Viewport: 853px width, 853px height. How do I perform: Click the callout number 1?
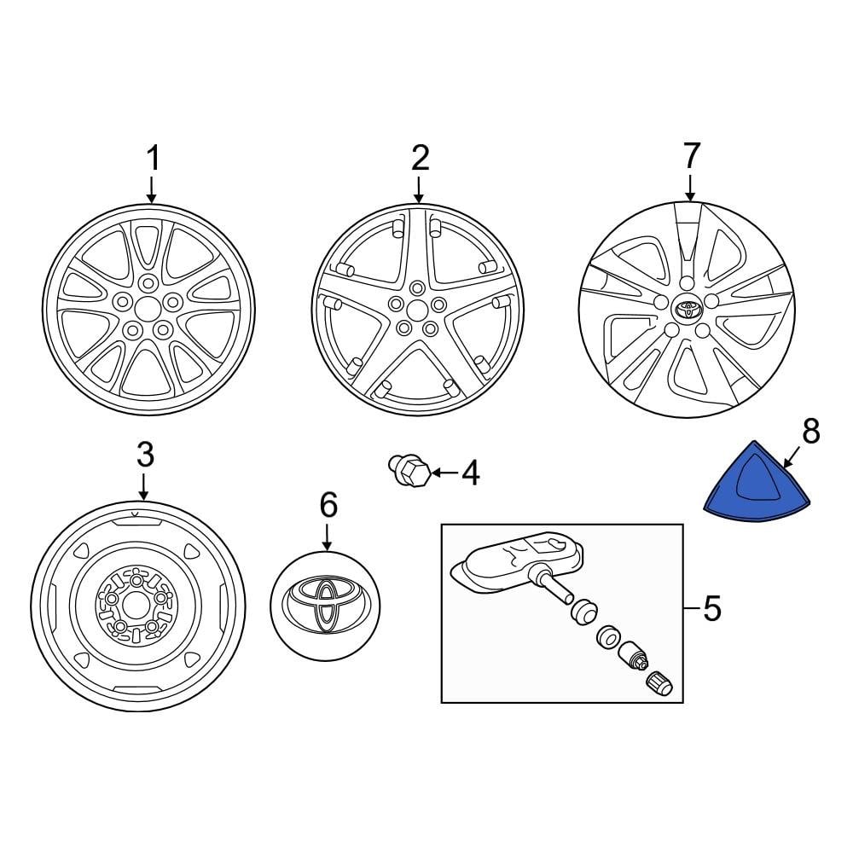[x=154, y=159]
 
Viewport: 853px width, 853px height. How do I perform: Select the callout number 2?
[x=420, y=159]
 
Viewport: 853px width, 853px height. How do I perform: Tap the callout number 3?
[x=145, y=456]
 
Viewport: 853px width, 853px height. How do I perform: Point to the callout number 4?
[x=470, y=472]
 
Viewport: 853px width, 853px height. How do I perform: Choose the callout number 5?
[x=711, y=609]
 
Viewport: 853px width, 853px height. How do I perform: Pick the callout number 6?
[x=328, y=506]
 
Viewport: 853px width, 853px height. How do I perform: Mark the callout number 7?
[x=690, y=156]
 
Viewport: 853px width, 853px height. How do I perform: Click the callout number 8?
[x=809, y=432]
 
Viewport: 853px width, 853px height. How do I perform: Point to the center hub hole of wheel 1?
[x=148, y=306]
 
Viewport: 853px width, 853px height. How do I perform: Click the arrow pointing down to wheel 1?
[x=152, y=189]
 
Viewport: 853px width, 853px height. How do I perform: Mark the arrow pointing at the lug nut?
[x=445, y=472]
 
